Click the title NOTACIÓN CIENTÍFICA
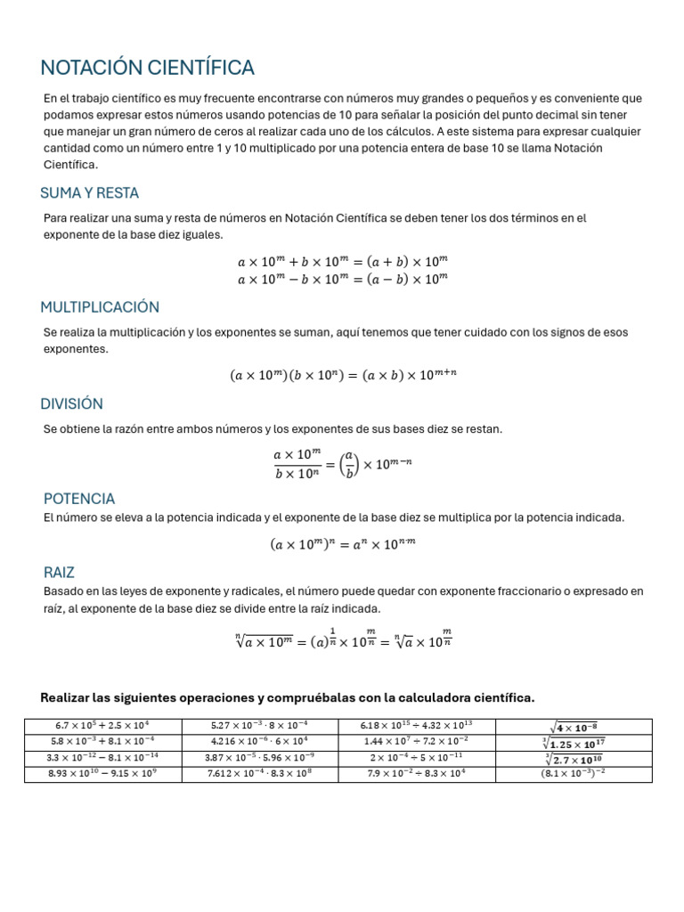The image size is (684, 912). point(148,68)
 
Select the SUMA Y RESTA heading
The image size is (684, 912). point(90,193)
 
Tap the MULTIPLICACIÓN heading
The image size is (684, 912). point(100,307)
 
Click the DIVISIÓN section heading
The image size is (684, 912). point(72,403)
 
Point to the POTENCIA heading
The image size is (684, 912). point(79,499)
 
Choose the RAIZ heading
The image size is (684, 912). point(60,572)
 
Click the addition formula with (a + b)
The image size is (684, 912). point(342,262)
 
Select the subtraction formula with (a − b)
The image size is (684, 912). point(342,279)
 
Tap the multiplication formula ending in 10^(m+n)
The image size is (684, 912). point(342,376)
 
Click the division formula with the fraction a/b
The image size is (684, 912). point(342,463)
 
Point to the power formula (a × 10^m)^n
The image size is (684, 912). point(342,544)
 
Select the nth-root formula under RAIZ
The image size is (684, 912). point(342,640)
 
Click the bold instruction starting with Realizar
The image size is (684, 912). point(288,696)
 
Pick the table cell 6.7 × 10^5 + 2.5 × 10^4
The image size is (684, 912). point(103,726)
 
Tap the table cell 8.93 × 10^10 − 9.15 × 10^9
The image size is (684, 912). point(103,774)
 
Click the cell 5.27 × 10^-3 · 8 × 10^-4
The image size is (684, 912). point(259,726)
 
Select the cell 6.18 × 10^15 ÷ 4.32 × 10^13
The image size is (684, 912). point(416,726)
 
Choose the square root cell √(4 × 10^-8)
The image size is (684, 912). point(573,726)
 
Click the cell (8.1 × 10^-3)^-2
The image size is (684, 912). point(573,774)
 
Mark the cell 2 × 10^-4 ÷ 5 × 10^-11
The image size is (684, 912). point(416,758)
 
